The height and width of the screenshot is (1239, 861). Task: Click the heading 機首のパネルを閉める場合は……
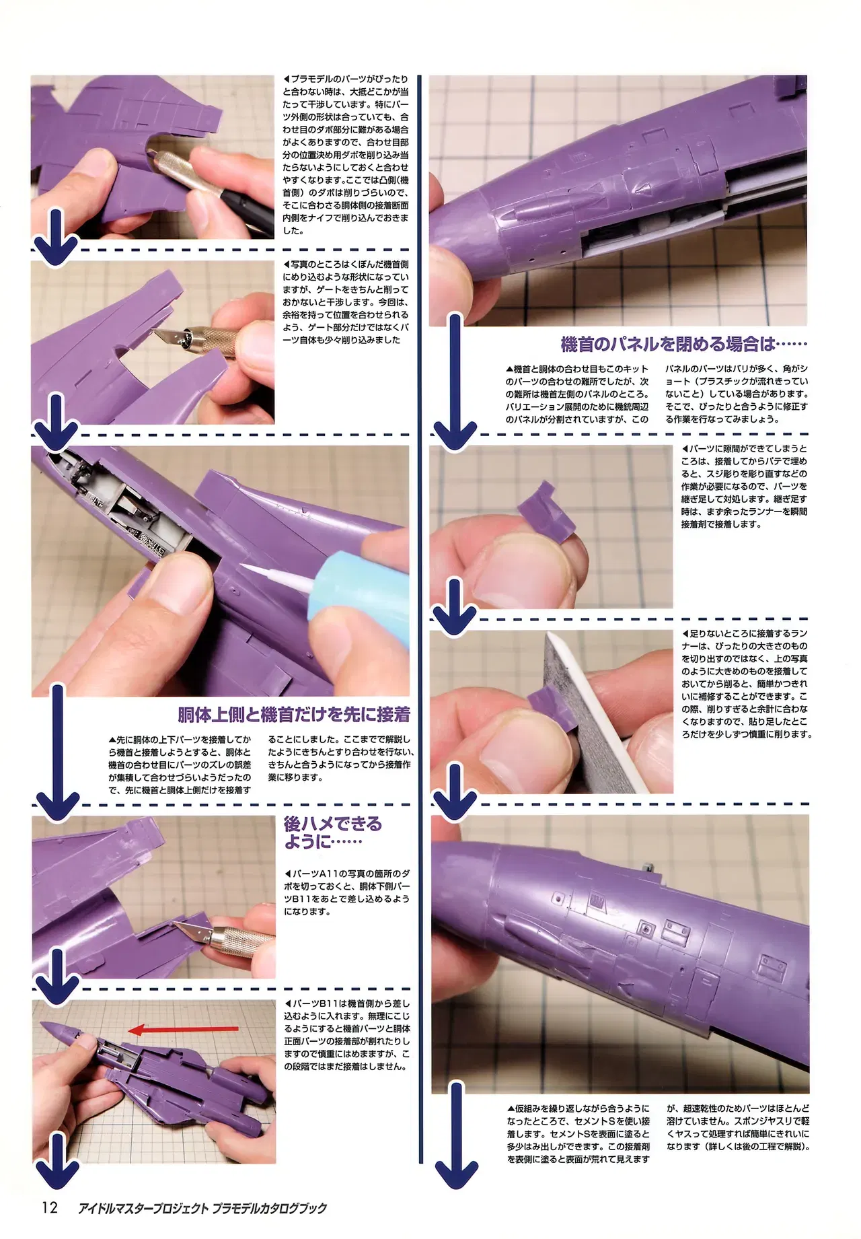(684, 344)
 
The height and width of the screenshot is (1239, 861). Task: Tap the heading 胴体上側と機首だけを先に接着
(293, 714)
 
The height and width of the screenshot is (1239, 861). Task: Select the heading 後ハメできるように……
(332, 833)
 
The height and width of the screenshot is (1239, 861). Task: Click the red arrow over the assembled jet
(183, 1029)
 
